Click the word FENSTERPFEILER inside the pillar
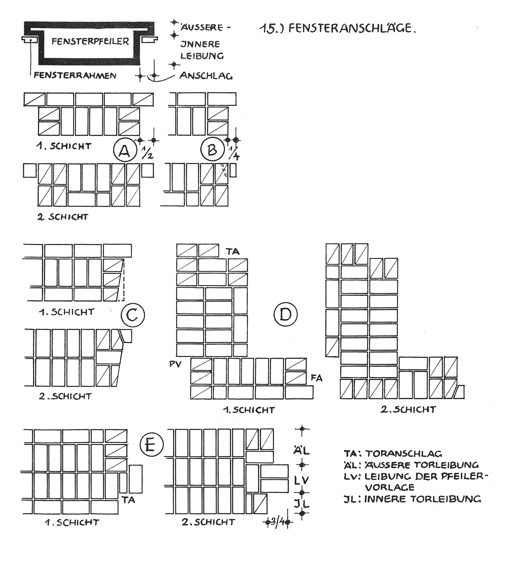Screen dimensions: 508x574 pyautogui.click(x=90, y=42)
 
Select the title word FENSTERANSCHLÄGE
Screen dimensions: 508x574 pyautogui.click(x=352, y=28)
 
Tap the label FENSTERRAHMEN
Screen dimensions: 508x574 pyautogui.click(x=75, y=76)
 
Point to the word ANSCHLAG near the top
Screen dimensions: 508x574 pyautogui.click(x=206, y=76)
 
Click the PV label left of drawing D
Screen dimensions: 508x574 pyautogui.click(x=175, y=364)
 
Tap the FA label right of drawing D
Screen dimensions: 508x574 pyautogui.click(x=317, y=378)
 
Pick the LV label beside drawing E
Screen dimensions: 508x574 pyautogui.click(x=302, y=481)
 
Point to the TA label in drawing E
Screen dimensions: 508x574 pyautogui.click(x=129, y=500)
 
